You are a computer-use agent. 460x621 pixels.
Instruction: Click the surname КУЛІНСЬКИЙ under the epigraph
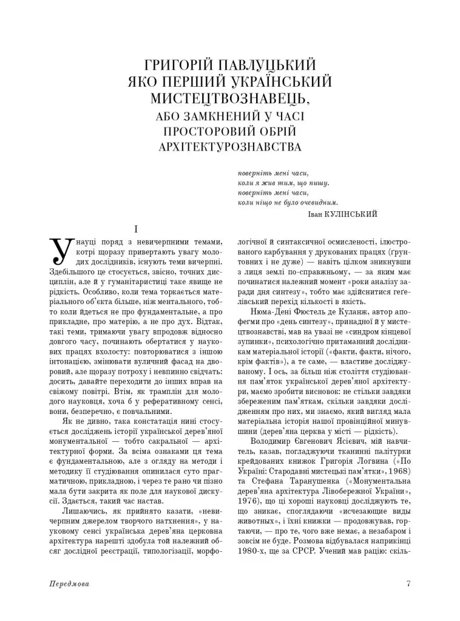(x=351, y=214)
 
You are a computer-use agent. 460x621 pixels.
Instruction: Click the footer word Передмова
(x=68, y=584)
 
